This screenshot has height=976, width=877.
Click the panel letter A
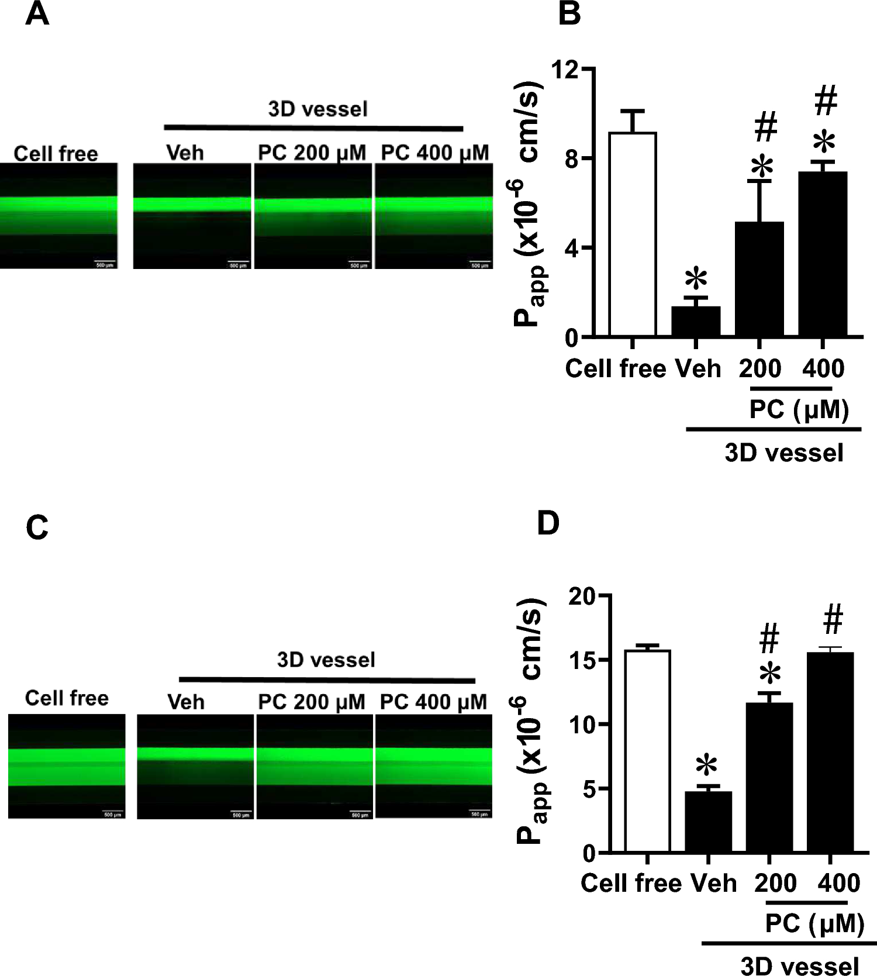pyautogui.click(x=37, y=14)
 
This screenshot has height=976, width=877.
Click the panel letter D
pyautogui.click(x=548, y=523)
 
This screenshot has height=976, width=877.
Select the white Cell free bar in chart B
pyautogui.click(x=632, y=234)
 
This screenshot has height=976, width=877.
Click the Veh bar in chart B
pyautogui.click(x=696, y=321)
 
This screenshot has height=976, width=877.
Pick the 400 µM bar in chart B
pyautogui.click(x=823, y=254)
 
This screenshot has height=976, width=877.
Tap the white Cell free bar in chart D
pyautogui.click(x=647, y=751)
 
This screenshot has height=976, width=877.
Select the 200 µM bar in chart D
pyautogui.click(x=769, y=777)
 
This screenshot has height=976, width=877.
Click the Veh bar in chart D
pyautogui.click(x=708, y=822)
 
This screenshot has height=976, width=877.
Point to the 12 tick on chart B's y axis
pyautogui.click(x=564, y=70)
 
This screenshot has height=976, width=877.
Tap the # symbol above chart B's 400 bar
pyautogui.click(x=826, y=100)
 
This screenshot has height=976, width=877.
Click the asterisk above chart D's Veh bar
pyautogui.click(x=707, y=765)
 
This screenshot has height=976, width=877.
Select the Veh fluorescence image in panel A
pyautogui.click(x=192, y=216)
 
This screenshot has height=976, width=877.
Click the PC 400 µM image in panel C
pyautogui.click(x=433, y=766)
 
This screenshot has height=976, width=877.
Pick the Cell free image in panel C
pyautogui.click(x=67, y=766)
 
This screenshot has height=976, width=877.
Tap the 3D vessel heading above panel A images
pyautogui.click(x=317, y=109)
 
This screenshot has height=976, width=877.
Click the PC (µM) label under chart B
pyautogui.click(x=799, y=410)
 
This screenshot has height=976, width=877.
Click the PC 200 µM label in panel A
pyautogui.click(x=312, y=153)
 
